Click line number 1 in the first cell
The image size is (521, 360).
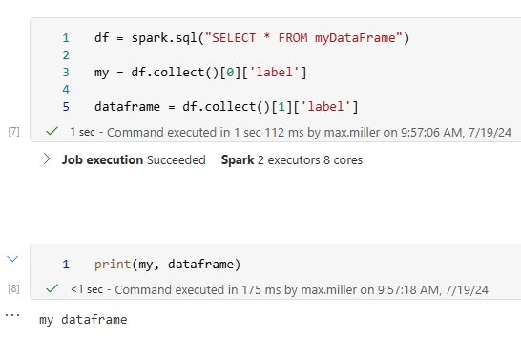click(66, 38)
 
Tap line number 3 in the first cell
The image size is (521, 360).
click(66, 73)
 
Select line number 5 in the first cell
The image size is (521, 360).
click(66, 107)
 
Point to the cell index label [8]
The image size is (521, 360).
click(13, 287)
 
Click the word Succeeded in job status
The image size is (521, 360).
click(176, 160)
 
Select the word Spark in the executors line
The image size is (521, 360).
click(238, 160)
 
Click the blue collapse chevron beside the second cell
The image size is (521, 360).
click(12, 258)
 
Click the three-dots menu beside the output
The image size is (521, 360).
click(12, 314)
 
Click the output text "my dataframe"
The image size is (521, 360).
click(83, 320)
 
